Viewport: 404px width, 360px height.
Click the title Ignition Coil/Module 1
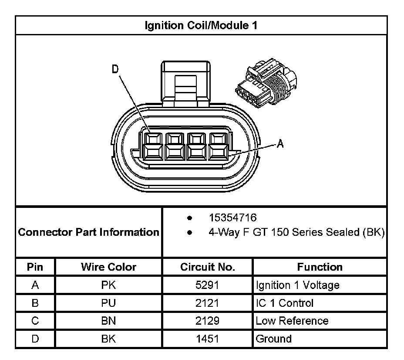pos(201,26)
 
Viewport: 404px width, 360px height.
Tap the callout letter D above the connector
pos(115,70)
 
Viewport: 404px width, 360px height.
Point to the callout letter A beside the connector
pos(281,143)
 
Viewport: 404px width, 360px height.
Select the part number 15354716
pos(232,217)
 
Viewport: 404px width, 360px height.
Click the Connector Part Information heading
pos(89,232)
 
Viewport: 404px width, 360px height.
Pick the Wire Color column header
pos(108,267)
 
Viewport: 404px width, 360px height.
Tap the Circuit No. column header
pos(207,267)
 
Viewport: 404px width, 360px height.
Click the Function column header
pos(320,267)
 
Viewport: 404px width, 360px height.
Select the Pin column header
pos(35,267)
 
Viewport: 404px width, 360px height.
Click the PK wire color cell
pos(108,285)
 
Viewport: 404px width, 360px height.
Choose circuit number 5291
pos(207,285)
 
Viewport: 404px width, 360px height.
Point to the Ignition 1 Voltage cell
pos(297,285)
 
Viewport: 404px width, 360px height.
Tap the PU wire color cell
pos(108,303)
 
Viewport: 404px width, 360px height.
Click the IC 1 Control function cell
pos(284,303)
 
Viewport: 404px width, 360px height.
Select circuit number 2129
pos(207,321)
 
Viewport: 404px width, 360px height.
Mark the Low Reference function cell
pos(292,321)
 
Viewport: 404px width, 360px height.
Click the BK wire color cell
pos(108,339)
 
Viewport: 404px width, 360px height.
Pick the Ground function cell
pos(273,339)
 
